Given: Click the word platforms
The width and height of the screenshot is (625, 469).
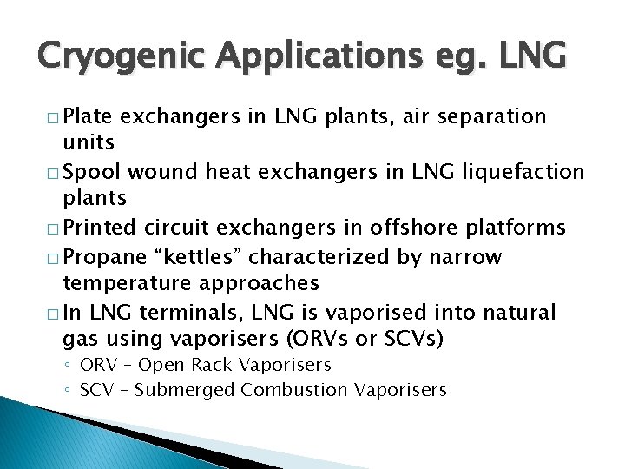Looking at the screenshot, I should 518,228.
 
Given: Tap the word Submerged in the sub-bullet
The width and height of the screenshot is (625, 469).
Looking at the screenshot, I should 183,390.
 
